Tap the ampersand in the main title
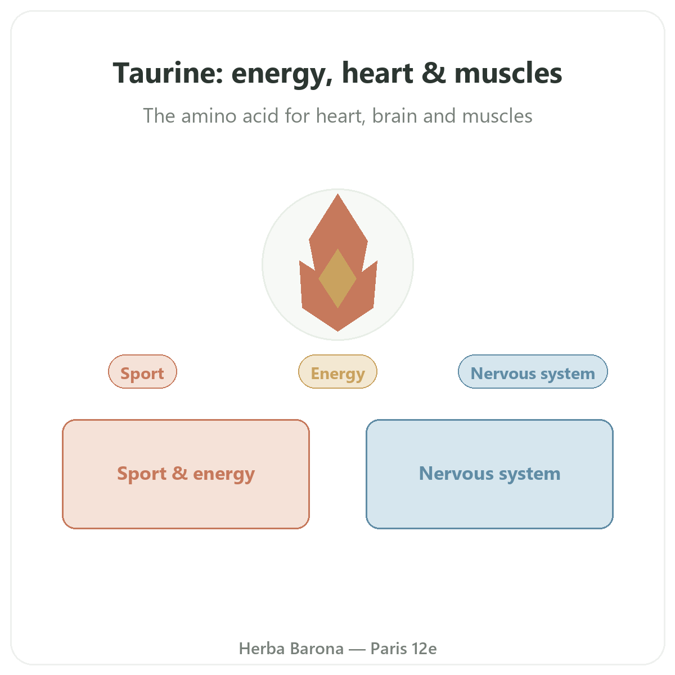(434, 73)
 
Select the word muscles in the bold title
(508, 73)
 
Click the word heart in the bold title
(377, 73)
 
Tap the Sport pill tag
(142, 371)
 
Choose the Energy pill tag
(337, 371)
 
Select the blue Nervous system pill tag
(533, 371)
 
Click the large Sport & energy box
(186, 474)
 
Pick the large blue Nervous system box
(489, 474)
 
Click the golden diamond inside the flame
(337, 278)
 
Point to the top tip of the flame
(337, 195)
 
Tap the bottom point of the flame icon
(337, 331)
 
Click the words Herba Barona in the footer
(291, 649)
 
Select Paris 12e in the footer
(403, 649)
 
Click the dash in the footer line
(357, 649)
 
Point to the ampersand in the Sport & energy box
(179, 473)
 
